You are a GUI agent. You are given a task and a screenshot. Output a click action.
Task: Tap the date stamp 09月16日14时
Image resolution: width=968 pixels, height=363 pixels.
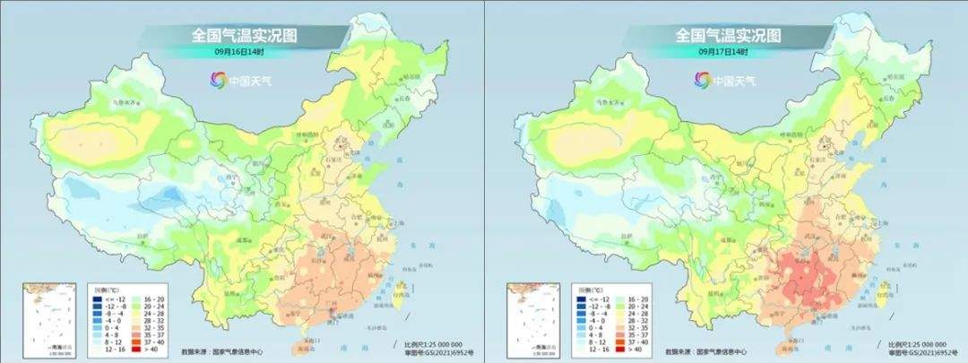(x=240, y=52)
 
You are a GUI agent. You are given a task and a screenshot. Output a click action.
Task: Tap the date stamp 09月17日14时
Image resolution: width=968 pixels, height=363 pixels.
(x=723, y=52)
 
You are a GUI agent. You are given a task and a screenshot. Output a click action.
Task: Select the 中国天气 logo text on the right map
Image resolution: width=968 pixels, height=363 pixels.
(x=737, y=80)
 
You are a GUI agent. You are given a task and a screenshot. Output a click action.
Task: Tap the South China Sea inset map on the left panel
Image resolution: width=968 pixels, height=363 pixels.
(x=42, y=315)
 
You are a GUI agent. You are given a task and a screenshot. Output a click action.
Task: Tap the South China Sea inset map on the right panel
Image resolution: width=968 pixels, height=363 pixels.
(x=526, y=315)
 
